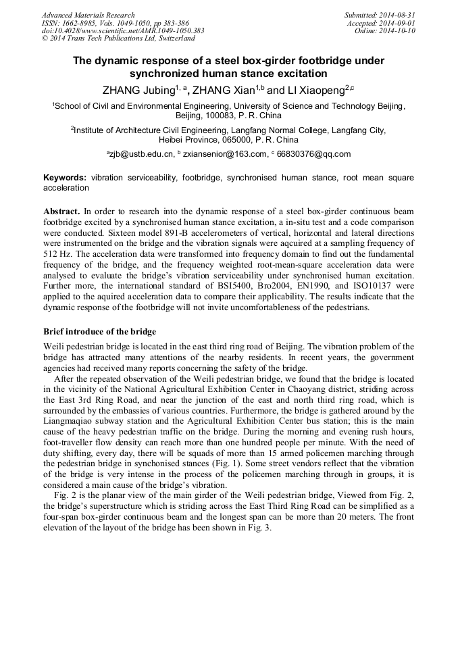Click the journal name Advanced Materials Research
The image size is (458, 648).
[88, 15]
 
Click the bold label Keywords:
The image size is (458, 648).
[65, 178]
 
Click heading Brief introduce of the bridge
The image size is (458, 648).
[99, 332]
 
